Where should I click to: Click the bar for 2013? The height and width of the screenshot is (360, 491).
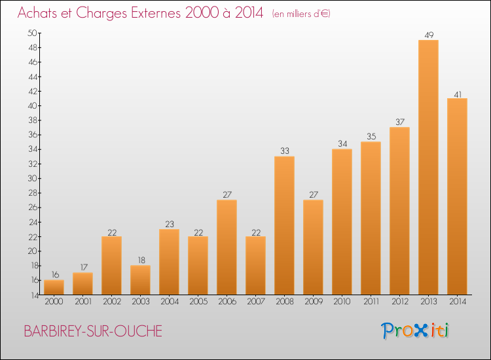click(428, 167)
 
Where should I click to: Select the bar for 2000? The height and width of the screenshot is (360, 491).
click(54, 287)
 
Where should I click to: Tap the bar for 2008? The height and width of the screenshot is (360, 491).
click(284, 225)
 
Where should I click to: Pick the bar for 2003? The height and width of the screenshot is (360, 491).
click(140, 280)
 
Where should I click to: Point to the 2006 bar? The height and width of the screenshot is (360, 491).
click(227, 247)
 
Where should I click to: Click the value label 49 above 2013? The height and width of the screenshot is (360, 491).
click(429, 35)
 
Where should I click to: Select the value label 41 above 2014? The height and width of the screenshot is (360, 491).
click(458, 94)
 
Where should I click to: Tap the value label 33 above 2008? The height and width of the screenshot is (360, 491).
click(285, 151)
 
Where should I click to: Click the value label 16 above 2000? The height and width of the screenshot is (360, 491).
click(55, 274)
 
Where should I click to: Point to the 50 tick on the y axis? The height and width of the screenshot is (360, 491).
click(33, 33)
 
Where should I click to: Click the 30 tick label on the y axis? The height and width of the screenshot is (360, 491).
click(33, 178)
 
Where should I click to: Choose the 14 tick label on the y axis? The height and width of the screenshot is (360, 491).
click(35, 295)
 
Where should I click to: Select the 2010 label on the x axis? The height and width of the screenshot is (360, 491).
click(342, 301)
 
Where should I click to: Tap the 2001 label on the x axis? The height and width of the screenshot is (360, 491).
click(83, 301)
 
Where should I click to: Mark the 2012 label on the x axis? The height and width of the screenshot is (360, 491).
click(400, 301)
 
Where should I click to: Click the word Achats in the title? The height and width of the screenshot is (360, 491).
click(37, 12)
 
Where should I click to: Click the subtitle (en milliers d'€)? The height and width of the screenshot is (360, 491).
click(301, 14)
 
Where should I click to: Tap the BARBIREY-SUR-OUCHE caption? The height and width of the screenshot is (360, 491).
click(93, 331)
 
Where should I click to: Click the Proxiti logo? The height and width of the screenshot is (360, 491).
click(415, 331)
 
